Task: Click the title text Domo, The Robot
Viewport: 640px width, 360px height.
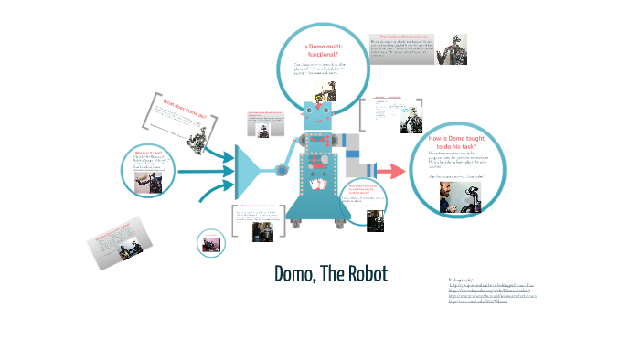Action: pos(330,273)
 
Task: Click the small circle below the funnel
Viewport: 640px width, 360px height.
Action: pos(211,242)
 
